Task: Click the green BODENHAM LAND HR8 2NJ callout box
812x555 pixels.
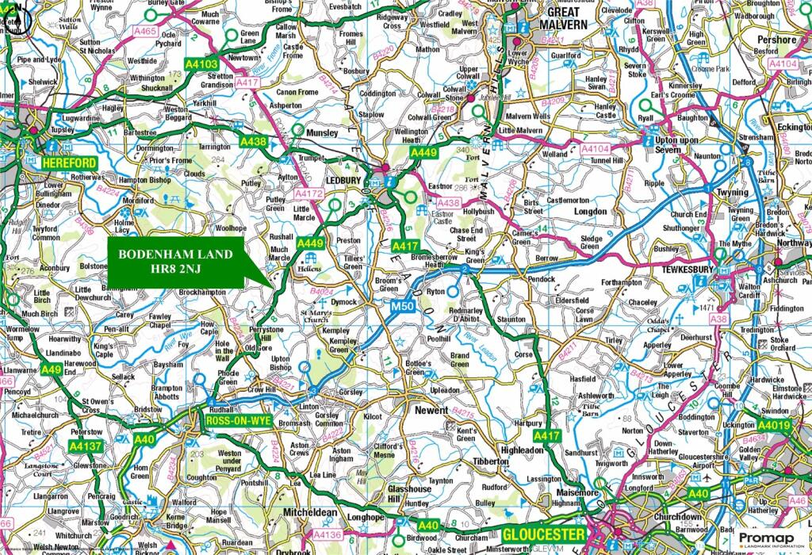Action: pos(176,262)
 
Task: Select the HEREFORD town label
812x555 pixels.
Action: pos(68,163)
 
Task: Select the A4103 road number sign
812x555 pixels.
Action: pos(201,63)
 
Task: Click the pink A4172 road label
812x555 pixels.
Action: pos(309,193)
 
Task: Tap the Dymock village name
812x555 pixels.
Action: pos(344,302)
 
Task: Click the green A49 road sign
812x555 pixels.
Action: pos(52,369)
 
